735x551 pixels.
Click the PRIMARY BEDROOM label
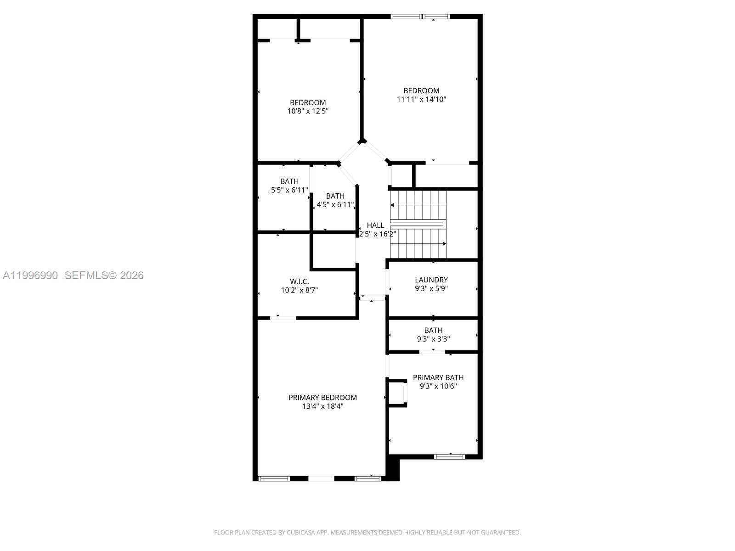click(x=322, y=398)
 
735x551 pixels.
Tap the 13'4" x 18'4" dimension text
click(x=322, y=406)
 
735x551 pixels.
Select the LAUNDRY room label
click(x=431, y=280)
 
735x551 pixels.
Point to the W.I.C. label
click(x=299, y=281)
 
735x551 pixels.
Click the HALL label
click(x=375, y=225)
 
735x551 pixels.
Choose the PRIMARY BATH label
click(x=438, y=377)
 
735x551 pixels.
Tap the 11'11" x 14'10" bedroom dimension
click(x=421, y=99)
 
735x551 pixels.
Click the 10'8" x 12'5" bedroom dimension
click(x=308, y=111)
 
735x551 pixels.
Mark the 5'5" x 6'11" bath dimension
click(x=289, y=190)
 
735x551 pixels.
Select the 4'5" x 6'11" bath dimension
click(x=335, y=205)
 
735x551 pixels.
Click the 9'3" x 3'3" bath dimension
click(x=433, y=339)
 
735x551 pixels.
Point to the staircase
click(x=418, y=225)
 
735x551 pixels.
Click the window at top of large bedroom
click(x=420, y=17)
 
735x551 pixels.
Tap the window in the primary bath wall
click(x=449, y=456)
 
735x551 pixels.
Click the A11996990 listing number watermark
click(x=30, y=275)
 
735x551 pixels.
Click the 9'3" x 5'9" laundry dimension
click(x=431, y=289)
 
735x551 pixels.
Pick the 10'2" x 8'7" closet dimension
click(x=299, y=290)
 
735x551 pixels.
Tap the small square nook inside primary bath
click(x=397, y=393)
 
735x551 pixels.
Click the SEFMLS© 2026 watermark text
click(x=104, y=275)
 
